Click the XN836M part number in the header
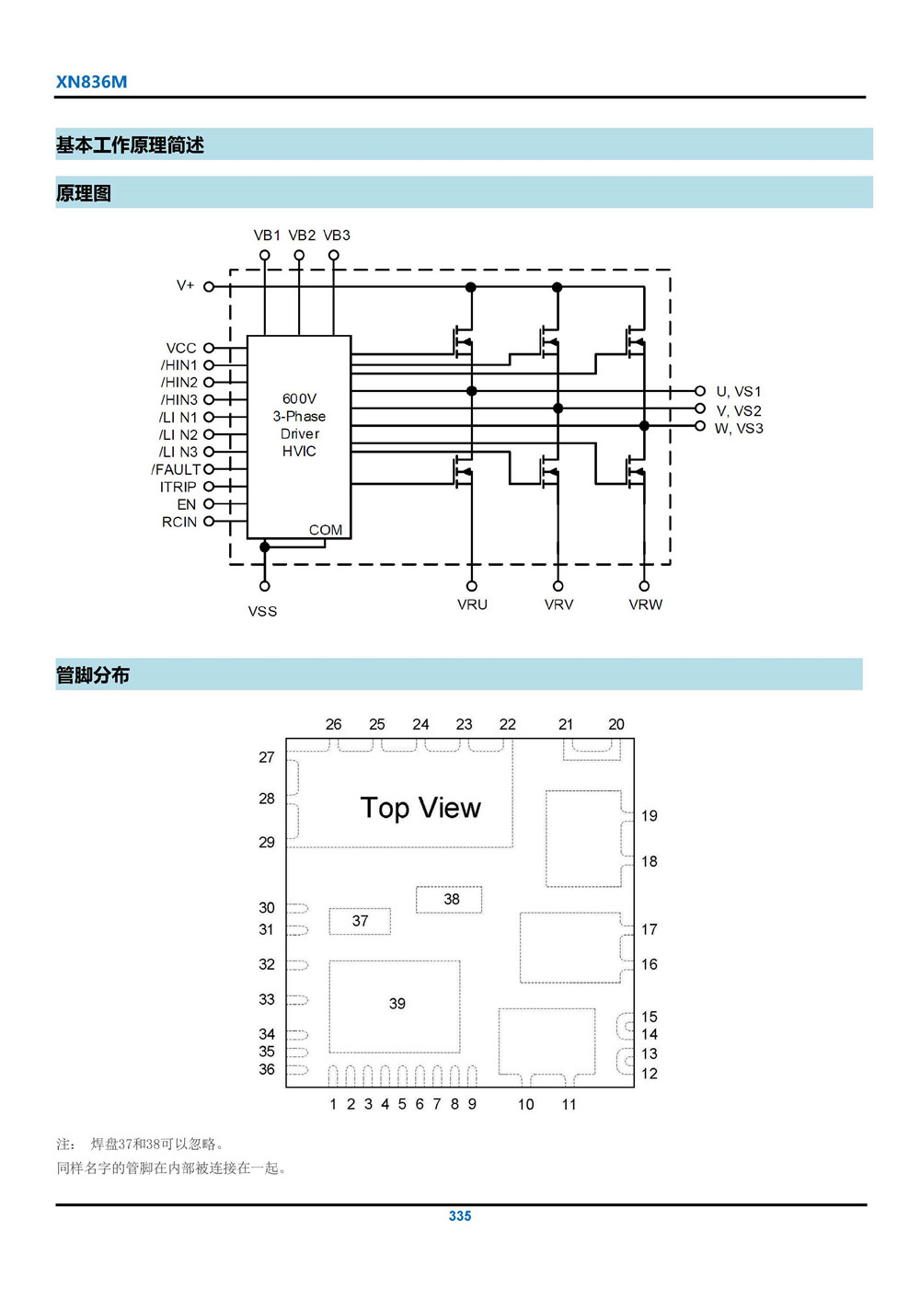pyautogui.click(x=91, y=82)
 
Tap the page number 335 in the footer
pyautogui.click(x=460, y=1215)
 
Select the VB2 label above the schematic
pyautogui.click(x=302, y=236)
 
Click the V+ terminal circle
pyautogui.click(x=209, y=287)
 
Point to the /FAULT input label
pyautogui.click(x=176, y=469)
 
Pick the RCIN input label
pyautogui.click(x=179, y=522)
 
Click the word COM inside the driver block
pyautogui.click(x=325, y=530)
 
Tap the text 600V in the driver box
pyautogui.click(x=299, y=398)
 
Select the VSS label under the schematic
pyautogui.click(x=262, y=611)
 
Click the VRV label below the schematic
pyautogui.click(x=558, y=604)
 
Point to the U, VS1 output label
pyautogui.click(x=739, y=392)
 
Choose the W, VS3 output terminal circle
pyautogui.click(x=700, y=426)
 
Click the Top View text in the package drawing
pyautogui.click(x=420, y=808)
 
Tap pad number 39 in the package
pyautogui.click(x=397, y=1004)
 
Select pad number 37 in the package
pyautogui.click(x=360, y=921)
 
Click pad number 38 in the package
pyautogui.click(x=451, y=899)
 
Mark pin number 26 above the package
pyautogui.click(x=333, y=724)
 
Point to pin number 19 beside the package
pyautogui.click(x=650, y=815)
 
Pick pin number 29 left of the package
pyautogui.click(x=267, y=842)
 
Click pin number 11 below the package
pyautogui.click(x=569, y=1104)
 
